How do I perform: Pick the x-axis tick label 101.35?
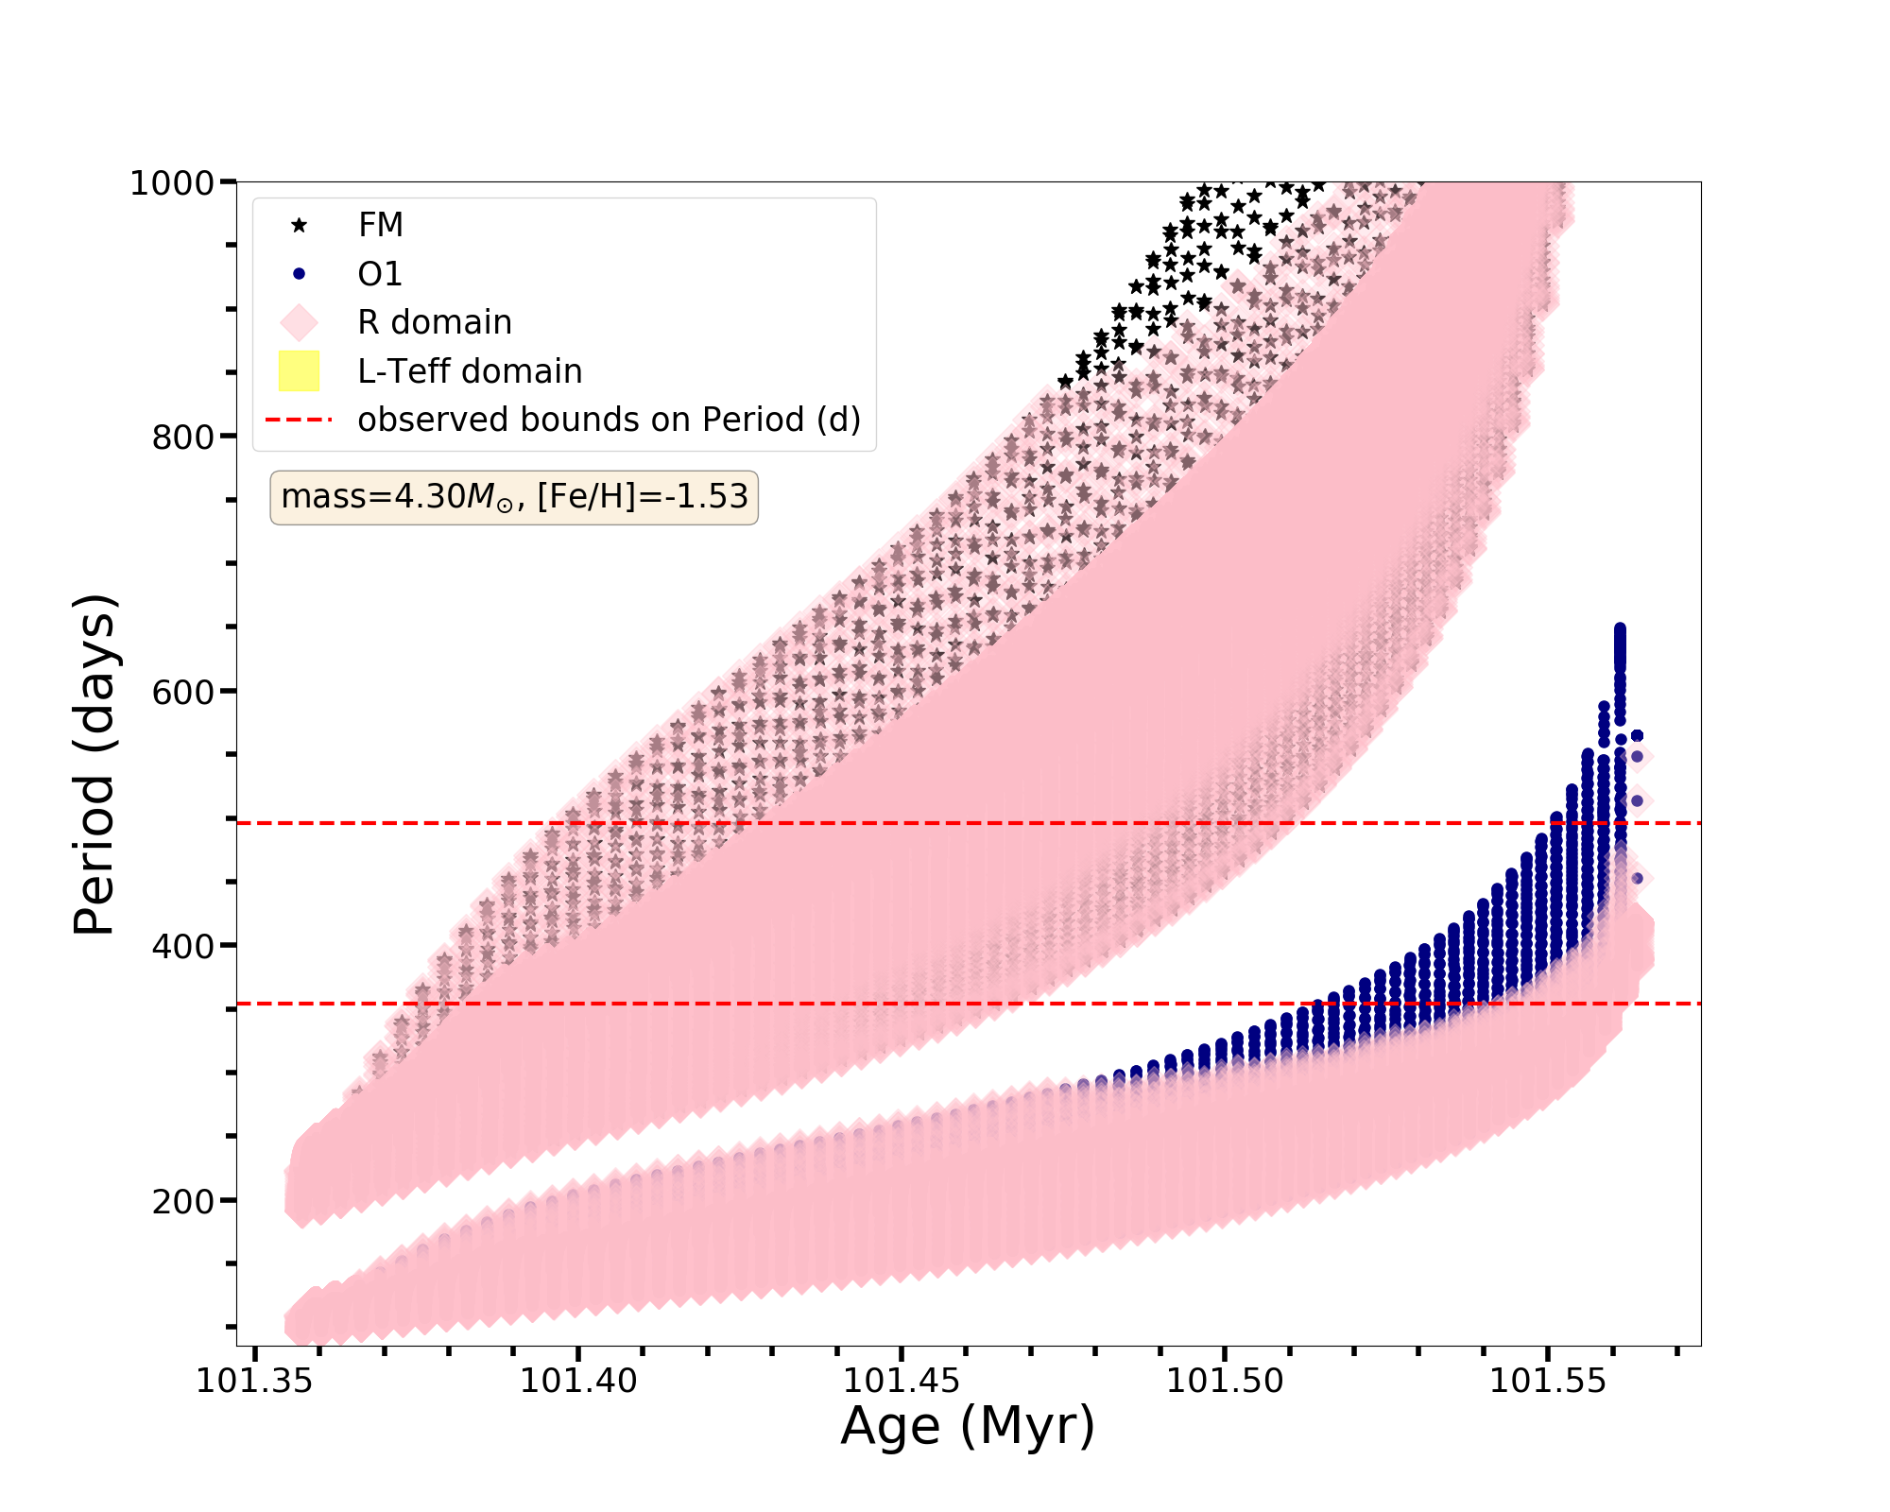(254, 1382)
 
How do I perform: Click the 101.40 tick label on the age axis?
(578, 1382)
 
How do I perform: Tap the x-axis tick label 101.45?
(902, 1382)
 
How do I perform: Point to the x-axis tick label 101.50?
(1225, 1382)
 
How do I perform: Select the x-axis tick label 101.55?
(1548, 1382)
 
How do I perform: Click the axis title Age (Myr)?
(968, 1426)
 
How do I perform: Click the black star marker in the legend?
(300, 225)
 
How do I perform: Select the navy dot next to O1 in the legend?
(300, 274)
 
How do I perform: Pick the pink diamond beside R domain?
(300, 322)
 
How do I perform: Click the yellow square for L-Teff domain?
(300, 371)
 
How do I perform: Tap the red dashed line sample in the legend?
(300, 420)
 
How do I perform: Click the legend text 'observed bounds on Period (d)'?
(609, 420)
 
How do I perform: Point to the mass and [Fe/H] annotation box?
(514, 497)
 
